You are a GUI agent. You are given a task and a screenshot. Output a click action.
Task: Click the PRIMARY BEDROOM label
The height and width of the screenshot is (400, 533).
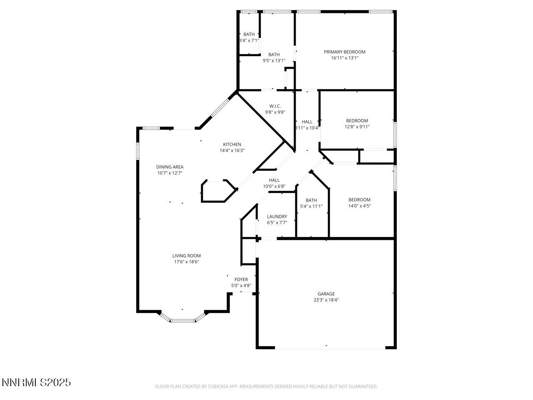[x=344, y=52]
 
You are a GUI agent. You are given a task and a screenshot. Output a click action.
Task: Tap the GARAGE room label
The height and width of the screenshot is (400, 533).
[x=326, y=294]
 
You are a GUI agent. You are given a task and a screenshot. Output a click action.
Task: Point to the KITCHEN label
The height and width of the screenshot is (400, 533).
[x=232, y=145]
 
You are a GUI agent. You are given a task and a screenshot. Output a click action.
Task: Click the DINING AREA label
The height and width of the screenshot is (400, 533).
[x=170, y=167]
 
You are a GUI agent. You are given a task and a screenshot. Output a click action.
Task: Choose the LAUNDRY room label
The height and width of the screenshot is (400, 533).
[x=277, y=217]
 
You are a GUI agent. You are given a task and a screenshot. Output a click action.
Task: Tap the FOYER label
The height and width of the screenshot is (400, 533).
[x=241, y=280]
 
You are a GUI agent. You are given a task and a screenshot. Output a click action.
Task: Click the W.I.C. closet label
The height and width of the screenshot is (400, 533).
[x=275, y=106]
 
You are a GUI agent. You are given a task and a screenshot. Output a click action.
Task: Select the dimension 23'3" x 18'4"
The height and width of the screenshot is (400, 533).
[x=326, y=300]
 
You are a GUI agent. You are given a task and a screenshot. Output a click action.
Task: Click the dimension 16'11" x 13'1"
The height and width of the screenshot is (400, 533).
[x=344, y=58]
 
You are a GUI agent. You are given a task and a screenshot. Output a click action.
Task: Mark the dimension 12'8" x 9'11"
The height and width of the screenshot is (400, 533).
[x=357, y=127]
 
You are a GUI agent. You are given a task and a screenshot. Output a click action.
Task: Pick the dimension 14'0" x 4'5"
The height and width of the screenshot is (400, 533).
[x=359, y=206]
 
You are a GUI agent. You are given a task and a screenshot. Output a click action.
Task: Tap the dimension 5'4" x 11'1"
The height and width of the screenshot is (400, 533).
[x=311, y=206]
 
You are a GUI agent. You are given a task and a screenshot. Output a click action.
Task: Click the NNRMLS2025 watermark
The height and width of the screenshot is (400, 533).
[x=36, y=382]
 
